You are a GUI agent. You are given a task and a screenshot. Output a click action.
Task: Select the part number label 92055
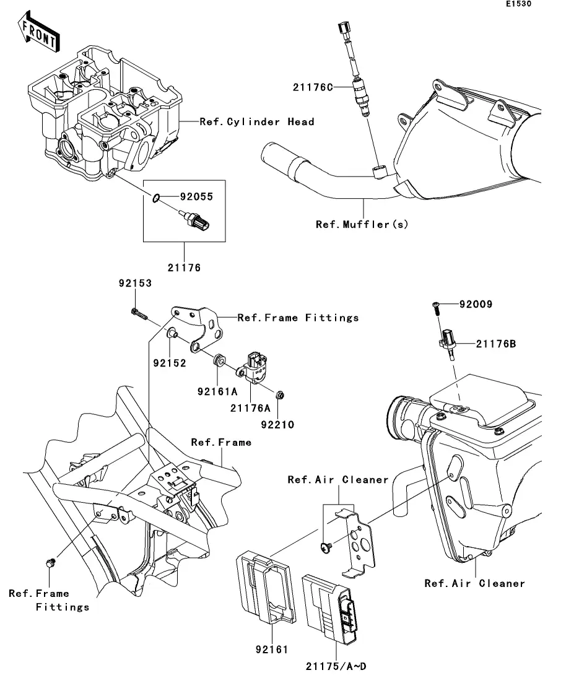coord(196,198)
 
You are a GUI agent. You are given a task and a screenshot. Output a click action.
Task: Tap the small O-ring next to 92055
coord(158,198)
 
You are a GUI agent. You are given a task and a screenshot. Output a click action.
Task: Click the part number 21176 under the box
coord(183,268)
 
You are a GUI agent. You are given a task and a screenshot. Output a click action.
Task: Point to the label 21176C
coord(313,88)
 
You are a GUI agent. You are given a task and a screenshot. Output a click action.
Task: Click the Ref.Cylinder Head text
coord(256,122)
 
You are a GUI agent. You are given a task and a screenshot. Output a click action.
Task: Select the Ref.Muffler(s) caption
coord(362,224)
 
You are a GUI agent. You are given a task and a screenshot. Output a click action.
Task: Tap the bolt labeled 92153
coord(140,313)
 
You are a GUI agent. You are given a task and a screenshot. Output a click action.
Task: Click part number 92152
coord(170,363)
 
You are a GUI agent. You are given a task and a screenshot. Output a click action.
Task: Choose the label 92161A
coord(217,391)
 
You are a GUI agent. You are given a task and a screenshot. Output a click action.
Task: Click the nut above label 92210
coord(279,394)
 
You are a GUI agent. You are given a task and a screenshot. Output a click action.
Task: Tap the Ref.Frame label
coord(221,442)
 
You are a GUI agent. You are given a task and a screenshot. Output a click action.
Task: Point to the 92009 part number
coord(476,305)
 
